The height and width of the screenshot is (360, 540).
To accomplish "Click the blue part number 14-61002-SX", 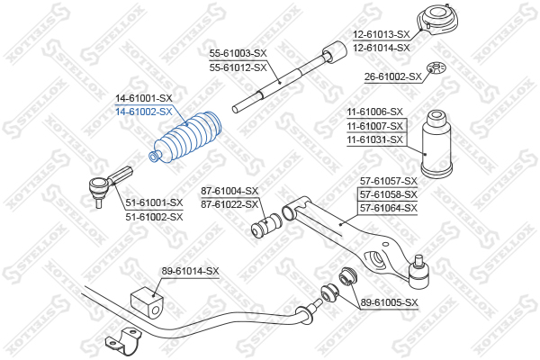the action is point(144,112).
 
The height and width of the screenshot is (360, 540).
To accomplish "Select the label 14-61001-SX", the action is point(144,98).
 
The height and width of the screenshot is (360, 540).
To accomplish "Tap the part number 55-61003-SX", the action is point(238,53).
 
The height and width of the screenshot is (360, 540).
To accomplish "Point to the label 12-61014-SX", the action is point(382,48).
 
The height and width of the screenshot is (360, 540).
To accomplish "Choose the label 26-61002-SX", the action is point(393,76).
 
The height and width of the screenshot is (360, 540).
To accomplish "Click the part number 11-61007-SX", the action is point(374,126).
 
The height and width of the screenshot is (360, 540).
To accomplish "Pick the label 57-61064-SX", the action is point(389,208).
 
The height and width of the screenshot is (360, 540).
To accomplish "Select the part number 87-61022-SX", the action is point(229,204).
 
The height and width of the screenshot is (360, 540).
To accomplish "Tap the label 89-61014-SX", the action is point(191,272).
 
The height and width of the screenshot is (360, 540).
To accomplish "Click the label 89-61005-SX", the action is point(389,302).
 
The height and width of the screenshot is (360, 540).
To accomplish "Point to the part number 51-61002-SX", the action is point(154,217).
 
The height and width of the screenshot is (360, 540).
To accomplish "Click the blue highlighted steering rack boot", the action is point(186,137).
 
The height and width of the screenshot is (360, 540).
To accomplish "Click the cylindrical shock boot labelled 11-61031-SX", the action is point(436,144).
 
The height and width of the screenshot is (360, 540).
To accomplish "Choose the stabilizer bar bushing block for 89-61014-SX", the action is point(147,303).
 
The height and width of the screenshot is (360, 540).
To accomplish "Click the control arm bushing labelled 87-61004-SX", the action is point(266,225).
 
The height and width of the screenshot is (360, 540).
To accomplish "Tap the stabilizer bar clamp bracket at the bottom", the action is point(123,341).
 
